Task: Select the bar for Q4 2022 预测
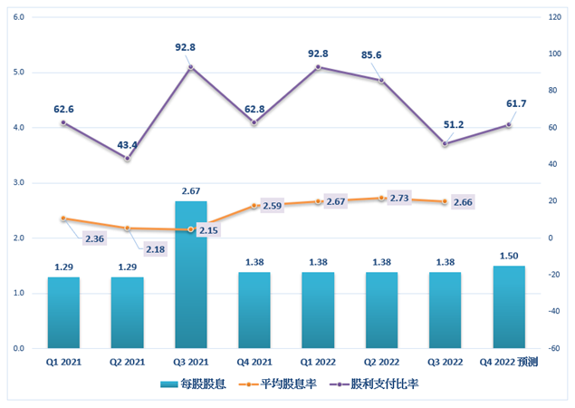[508, 307]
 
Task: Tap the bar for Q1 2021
[63, 313]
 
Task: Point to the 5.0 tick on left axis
[18, 72]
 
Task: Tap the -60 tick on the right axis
[554, 348]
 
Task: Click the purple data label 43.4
[128, 145]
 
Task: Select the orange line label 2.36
[95, 238]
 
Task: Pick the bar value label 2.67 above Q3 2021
[191, 190]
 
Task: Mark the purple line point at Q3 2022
[445, 143]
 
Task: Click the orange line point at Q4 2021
[254, 206]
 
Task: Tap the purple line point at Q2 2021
[127, 159]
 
